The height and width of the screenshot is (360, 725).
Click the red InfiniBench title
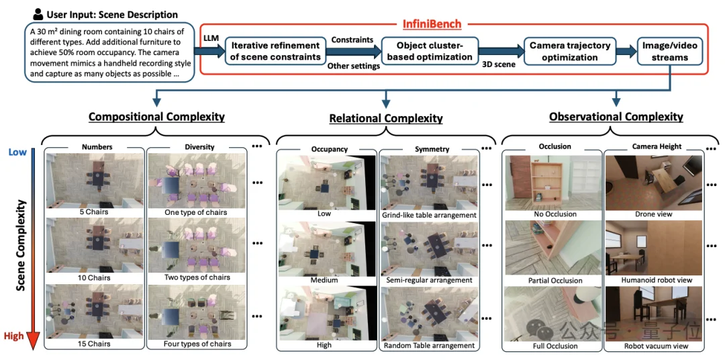pyautogui.click(x=432, y=24)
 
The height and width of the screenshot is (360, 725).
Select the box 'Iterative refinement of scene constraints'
pyautogui.click(x=276, y=51)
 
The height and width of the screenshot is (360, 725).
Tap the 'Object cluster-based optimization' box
pyautogui.click(x=430, y=51)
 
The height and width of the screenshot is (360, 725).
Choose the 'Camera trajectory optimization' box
pyautogui.click(x=570, y=51)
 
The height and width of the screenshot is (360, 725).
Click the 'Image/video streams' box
pyautogui.click(x=670, y=51)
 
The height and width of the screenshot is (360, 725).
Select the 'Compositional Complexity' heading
pyautogui.click(x=156, y=117)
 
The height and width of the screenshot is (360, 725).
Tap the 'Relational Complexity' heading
pyautogui.click(x=385, y=118)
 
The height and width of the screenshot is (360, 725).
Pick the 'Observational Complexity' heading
pyautogui.click(x=616, y=117)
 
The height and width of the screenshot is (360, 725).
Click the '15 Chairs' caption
pyautogui.click(x=94, y=344)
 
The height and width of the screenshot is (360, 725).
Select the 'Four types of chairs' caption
pyautogui.click(x=197, y=344)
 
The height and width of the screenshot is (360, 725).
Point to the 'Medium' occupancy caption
pyautogui.click(x=325, y=279)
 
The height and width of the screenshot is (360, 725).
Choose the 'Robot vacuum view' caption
pyautogui.click(x=655, y=346)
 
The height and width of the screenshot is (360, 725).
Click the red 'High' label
pyautogui.click(x=14, y=336)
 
